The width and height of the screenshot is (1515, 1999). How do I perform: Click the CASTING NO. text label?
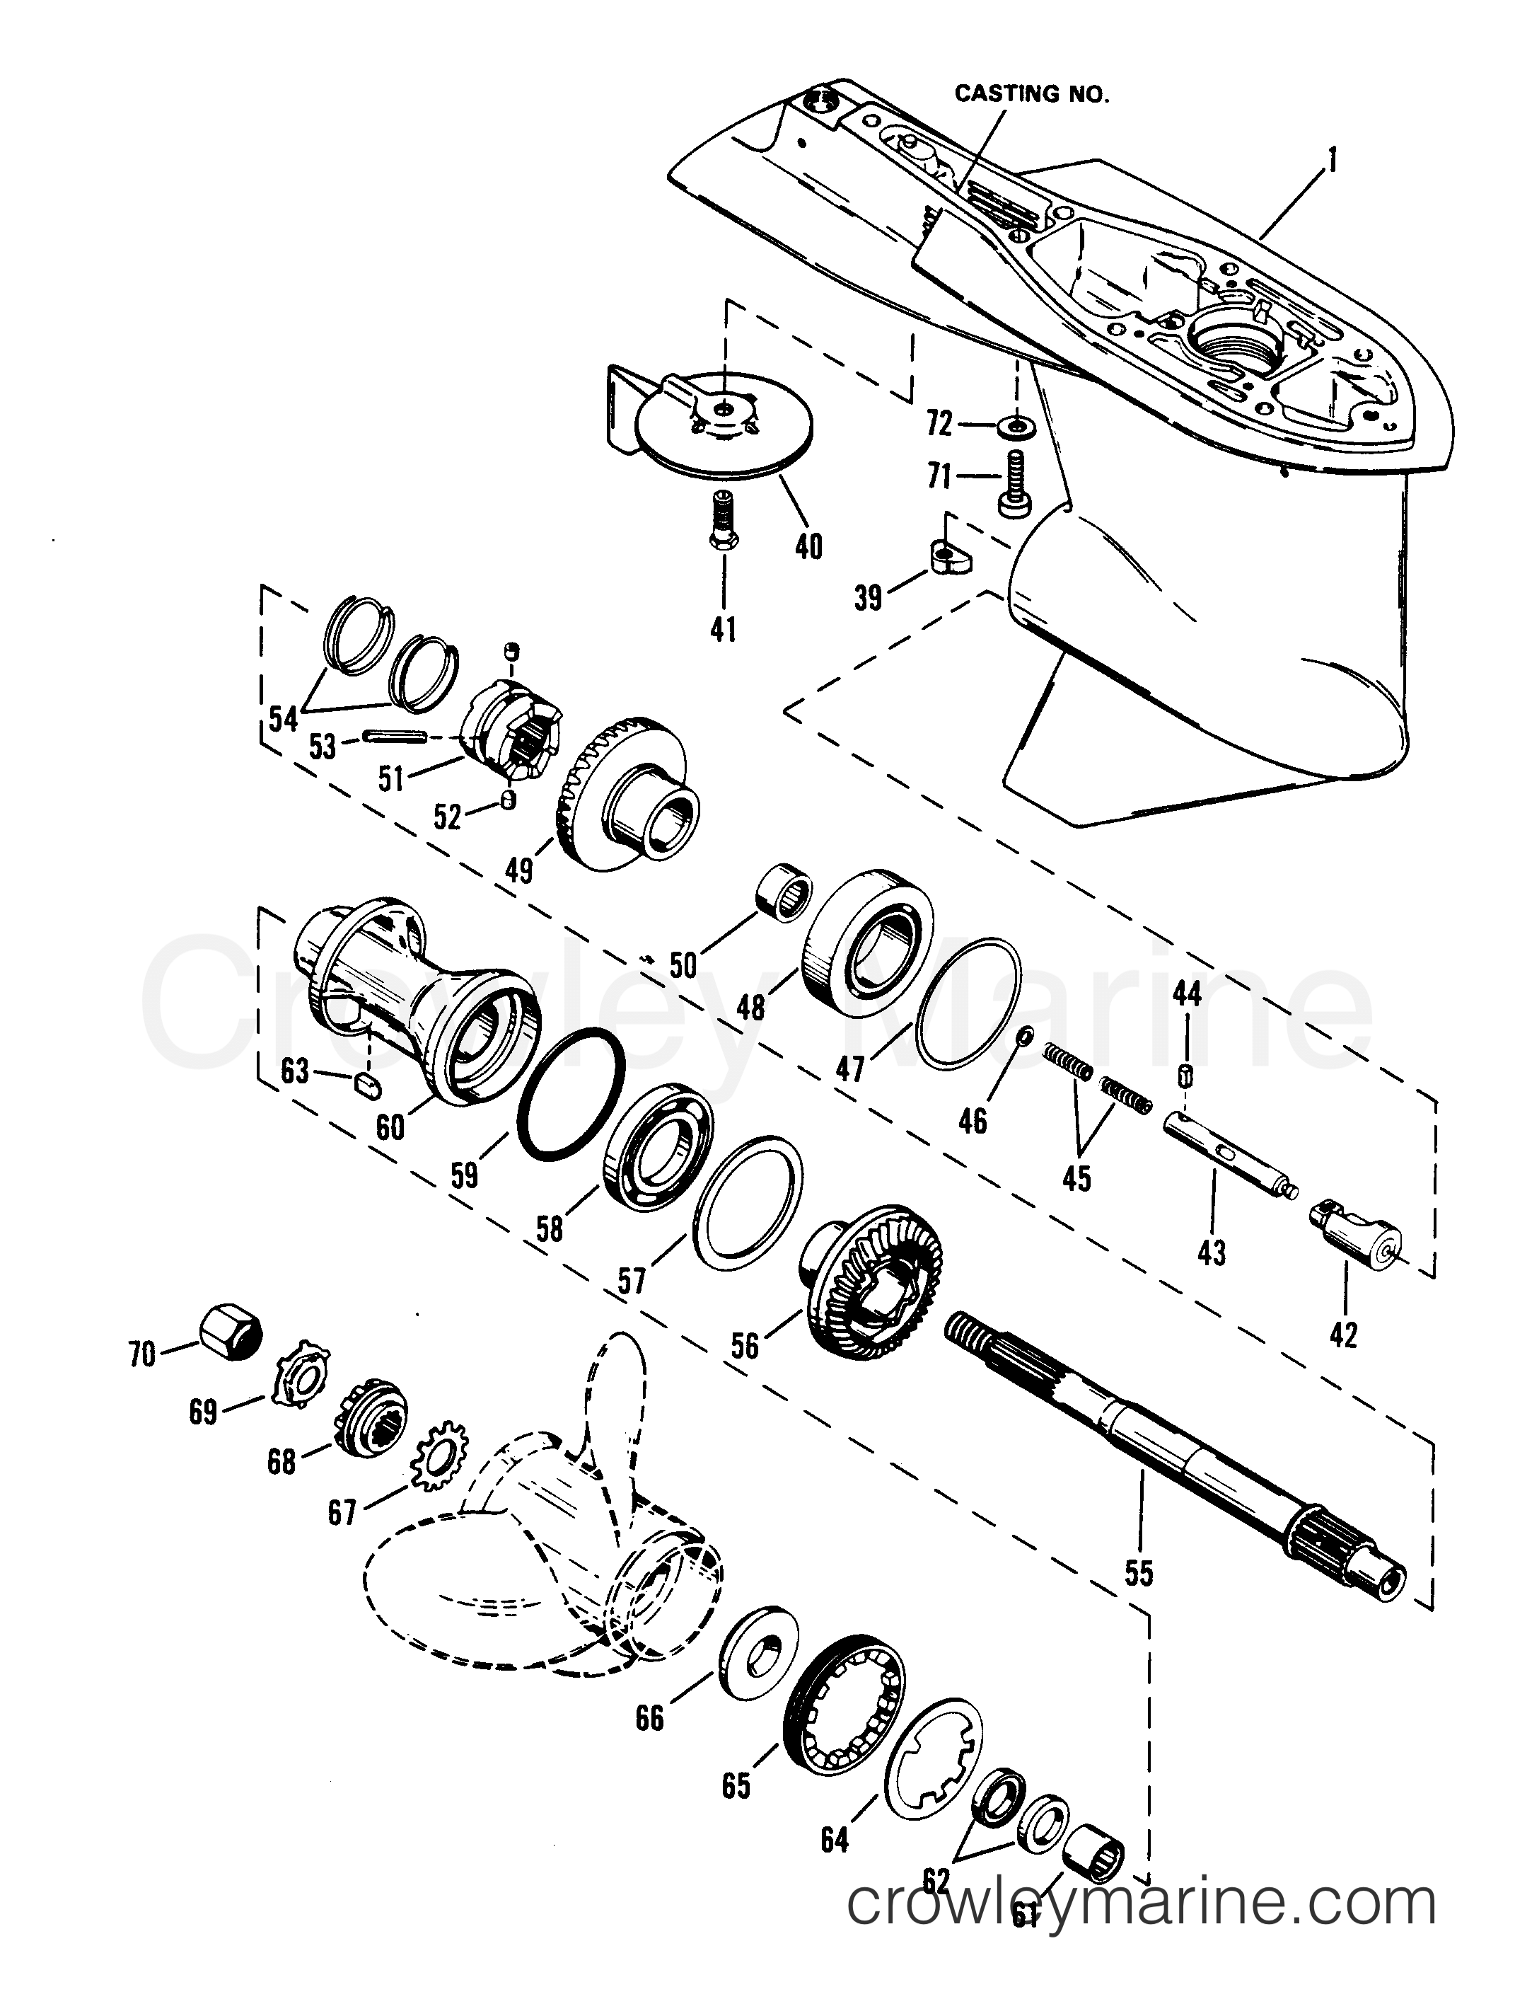(1031, 94)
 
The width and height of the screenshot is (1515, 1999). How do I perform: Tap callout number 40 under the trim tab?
(808, 547)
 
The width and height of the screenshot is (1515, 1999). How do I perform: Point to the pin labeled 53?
(395, 738)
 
